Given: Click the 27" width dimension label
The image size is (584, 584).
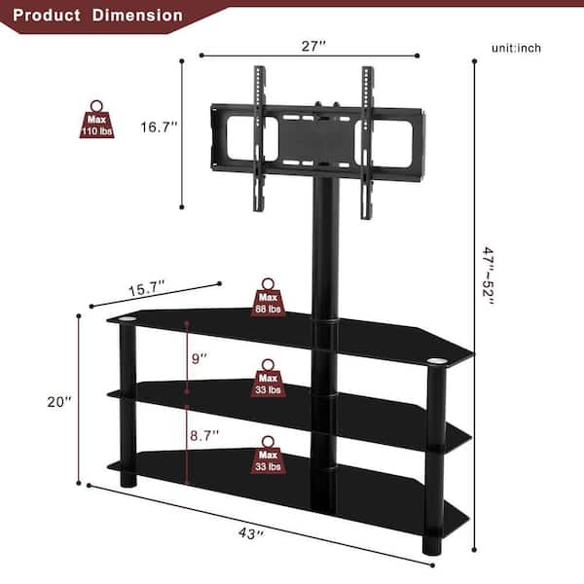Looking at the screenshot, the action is click(x=313, y=46).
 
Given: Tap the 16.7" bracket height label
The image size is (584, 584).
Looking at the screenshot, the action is click(x=159, y=127).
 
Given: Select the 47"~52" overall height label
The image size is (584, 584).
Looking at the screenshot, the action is click(x=488, y=275).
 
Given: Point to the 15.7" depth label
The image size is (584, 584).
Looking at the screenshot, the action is click(x=147, y=288).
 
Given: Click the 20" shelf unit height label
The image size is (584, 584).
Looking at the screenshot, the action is click(x=59, y=401).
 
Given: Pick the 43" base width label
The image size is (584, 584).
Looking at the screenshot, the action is click(x=251, y=533).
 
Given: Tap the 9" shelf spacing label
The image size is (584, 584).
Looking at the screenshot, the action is click(x=200, y=358).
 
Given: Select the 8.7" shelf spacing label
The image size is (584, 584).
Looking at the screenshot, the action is click(x=204, y=435).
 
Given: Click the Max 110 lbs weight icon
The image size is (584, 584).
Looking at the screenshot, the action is click(x=96, y=120).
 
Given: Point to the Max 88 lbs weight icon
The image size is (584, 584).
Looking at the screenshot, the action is click(x=269, y=298).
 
